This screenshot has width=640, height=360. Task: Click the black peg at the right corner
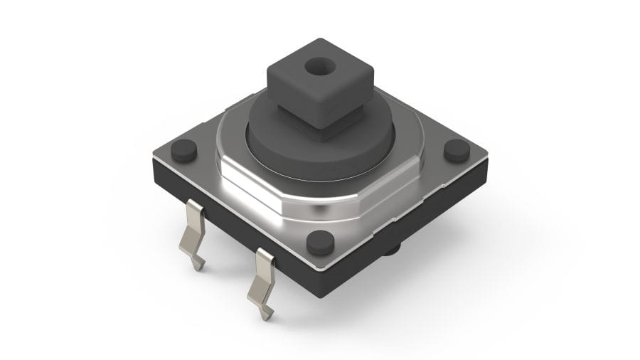tap(457, 150)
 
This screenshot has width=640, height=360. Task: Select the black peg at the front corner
tap(320, 243)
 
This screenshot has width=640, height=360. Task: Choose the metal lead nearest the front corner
tap(264, 277)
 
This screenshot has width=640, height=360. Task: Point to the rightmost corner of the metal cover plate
tap(489, 156)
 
